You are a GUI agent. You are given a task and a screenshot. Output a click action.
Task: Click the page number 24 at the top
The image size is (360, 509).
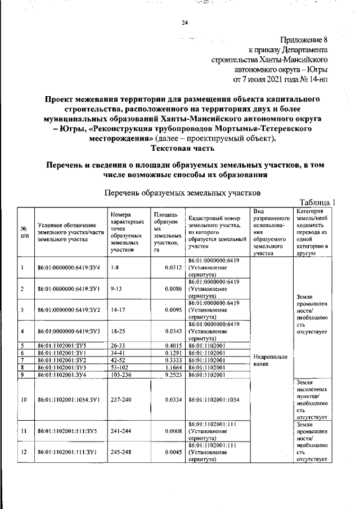(x=184, y=23)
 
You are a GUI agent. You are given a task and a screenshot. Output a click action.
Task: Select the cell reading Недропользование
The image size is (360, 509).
(x=271, y=360)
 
